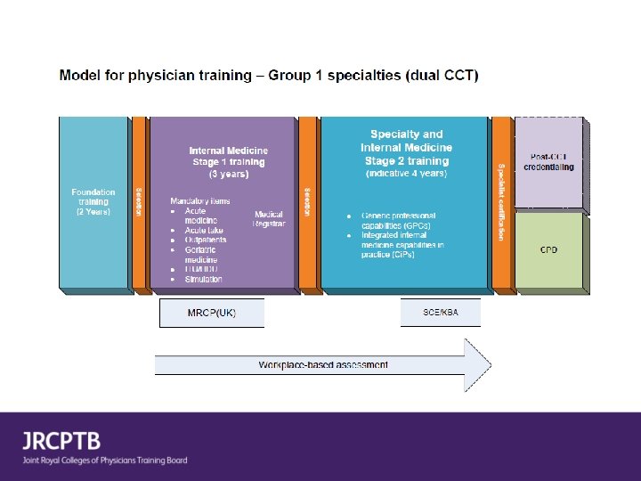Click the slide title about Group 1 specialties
[268, 76]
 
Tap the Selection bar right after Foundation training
[139, 203]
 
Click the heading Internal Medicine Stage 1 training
[228, 157]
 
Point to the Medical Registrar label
[269, 219]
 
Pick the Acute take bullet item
[205, 230]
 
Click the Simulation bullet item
[203, 279]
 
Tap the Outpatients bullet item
[205, 240]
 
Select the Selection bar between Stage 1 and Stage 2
[307, 203]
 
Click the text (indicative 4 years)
[406, 174]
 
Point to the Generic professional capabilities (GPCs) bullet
[398, 221]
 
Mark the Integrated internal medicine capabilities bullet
[402, 245]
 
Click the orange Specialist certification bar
[502, 203]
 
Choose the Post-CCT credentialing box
[548, 161]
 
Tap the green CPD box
[549, 250]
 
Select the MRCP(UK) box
[212, 314]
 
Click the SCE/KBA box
[440, 313]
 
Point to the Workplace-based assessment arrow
[322, 365]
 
